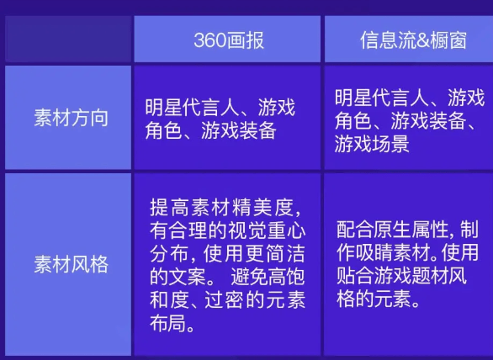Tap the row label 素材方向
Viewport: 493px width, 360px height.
71,117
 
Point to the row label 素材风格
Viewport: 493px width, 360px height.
71,264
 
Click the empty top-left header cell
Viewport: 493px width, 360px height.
67,39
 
